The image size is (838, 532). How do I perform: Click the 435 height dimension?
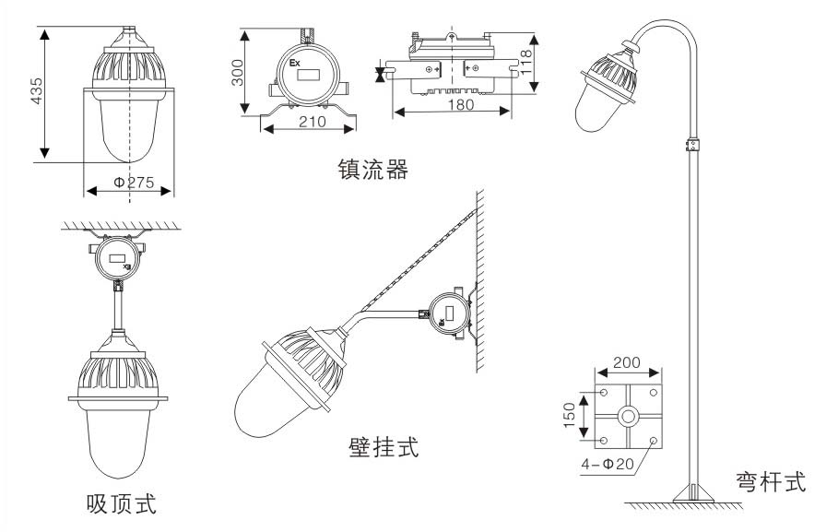[x=38, y=93]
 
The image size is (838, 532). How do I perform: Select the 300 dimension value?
[x=237, y=72]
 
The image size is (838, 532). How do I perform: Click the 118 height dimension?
[x=525, y=62]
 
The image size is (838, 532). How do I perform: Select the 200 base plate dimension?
[x=628, y=361]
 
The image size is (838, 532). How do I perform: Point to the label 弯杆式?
[x=772, y=480]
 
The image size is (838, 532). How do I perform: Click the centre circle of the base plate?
[x=629, y=417]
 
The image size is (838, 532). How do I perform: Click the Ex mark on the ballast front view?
[x=296, y=64]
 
